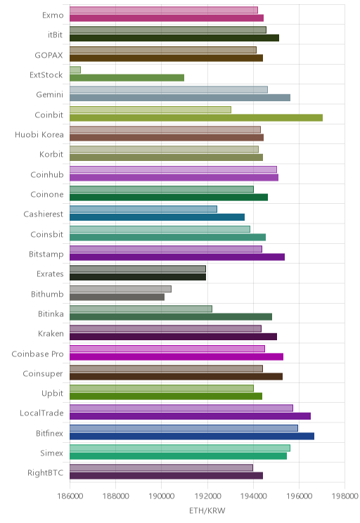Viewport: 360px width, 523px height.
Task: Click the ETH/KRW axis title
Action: (x=207, y=510)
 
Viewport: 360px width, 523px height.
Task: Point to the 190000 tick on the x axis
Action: (x=162, y=496)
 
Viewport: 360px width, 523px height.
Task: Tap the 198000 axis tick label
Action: (x=345, y=496)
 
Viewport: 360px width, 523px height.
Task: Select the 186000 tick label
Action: (x=70, y=496)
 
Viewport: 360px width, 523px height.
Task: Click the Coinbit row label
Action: (x=49, y=115)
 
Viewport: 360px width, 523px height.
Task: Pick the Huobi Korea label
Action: (x=39, y=134)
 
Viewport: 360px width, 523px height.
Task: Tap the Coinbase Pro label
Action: (x=37, y=354)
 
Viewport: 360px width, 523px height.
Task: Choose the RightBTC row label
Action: (x=46, y=472)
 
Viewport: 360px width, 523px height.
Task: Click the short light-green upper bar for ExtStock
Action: (x=75, y=70)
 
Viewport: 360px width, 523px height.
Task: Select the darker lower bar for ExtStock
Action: (x=127, y=78)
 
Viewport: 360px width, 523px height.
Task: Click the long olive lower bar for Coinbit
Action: (x=196, y=117)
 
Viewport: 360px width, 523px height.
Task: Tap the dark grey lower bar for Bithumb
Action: (x=117, y=297)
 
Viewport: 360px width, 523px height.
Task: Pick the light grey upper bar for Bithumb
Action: (x=120, y=289)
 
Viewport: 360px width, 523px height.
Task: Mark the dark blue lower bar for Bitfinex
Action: (x=192, y=436)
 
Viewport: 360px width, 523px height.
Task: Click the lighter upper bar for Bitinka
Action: (x=141, y=309)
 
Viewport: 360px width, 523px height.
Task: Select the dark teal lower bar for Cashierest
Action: (x=157, y=217)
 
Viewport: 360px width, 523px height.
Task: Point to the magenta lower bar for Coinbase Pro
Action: (x=176, y=356)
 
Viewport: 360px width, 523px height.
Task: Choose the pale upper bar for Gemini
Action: (x=169, y=90)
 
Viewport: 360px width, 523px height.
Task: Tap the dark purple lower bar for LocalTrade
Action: (x=190, y=416)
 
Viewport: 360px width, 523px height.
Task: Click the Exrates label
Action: (x=50, y=274)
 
